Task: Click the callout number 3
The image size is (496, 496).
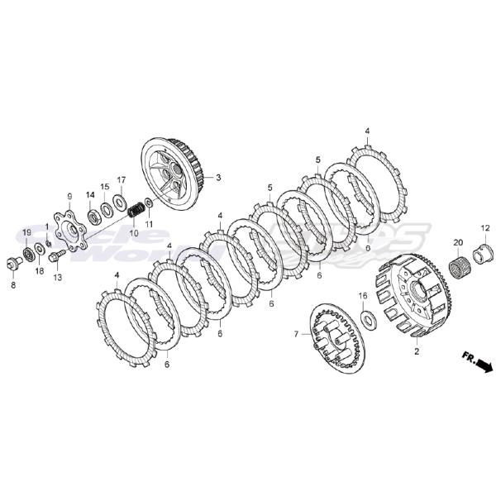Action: tap(218, 177)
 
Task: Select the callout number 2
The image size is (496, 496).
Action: tap(416, 351)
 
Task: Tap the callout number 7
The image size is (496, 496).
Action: tap(294, 334)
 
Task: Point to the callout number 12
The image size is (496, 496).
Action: tap(484, 227)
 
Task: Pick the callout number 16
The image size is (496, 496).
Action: tap(361, 295)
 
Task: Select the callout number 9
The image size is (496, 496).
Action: tap(69, 196)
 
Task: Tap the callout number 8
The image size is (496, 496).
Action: tap(12, 284)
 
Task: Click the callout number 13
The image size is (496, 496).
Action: tap(57, 278)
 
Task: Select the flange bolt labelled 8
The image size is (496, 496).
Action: tap(15, 262)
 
